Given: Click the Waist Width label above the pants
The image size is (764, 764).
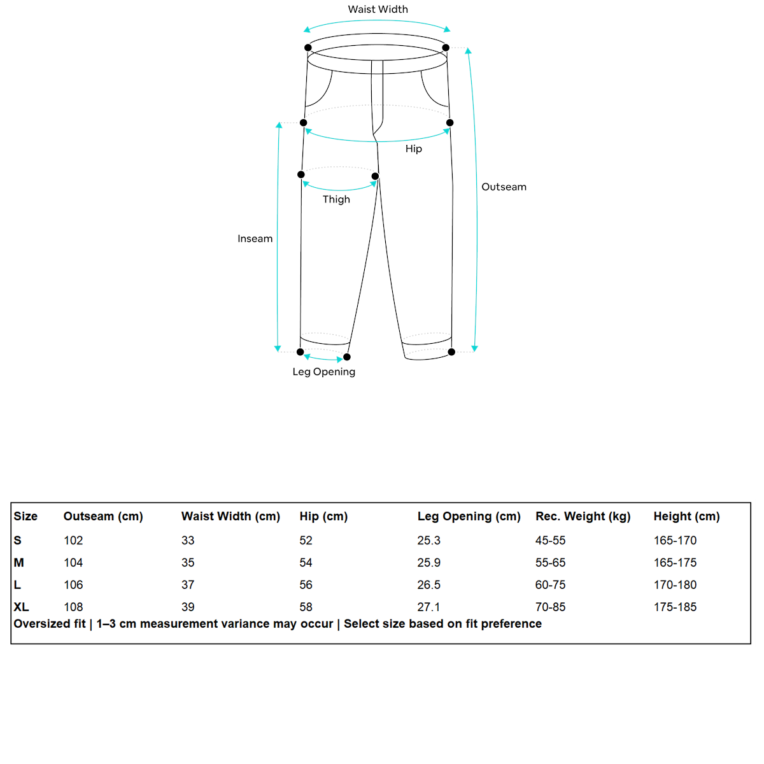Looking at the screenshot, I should (378, 10).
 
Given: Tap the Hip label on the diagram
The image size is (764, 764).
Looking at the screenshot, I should (413, 149).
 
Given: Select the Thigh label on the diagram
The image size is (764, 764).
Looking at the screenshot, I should (336, 199).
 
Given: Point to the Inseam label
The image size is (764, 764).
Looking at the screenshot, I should (255, 239).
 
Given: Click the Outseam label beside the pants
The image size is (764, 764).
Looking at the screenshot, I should (504, 187).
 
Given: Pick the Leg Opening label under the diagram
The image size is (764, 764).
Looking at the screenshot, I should (323, 372).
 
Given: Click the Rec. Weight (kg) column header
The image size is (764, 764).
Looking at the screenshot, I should (583, 516).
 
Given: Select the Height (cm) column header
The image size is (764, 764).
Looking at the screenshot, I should (686, 516).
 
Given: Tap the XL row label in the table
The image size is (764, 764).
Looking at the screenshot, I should (21, 607).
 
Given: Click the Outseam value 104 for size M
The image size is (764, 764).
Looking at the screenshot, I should (73, 563).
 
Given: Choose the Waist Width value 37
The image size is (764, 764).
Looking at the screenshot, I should (188, 585).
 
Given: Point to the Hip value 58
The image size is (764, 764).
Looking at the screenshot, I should (306, 607).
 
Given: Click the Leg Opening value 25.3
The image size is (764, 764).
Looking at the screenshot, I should (428, 541).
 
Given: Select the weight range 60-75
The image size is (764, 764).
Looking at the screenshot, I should (550, 585).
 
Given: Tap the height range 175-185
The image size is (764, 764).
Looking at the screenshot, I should (675, 607).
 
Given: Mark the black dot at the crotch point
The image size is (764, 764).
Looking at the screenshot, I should (375, 176).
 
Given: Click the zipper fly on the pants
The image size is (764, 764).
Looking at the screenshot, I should (378, 99).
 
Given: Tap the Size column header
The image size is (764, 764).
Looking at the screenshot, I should (25, 516).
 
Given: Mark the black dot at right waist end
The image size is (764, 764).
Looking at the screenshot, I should (446, 48).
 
